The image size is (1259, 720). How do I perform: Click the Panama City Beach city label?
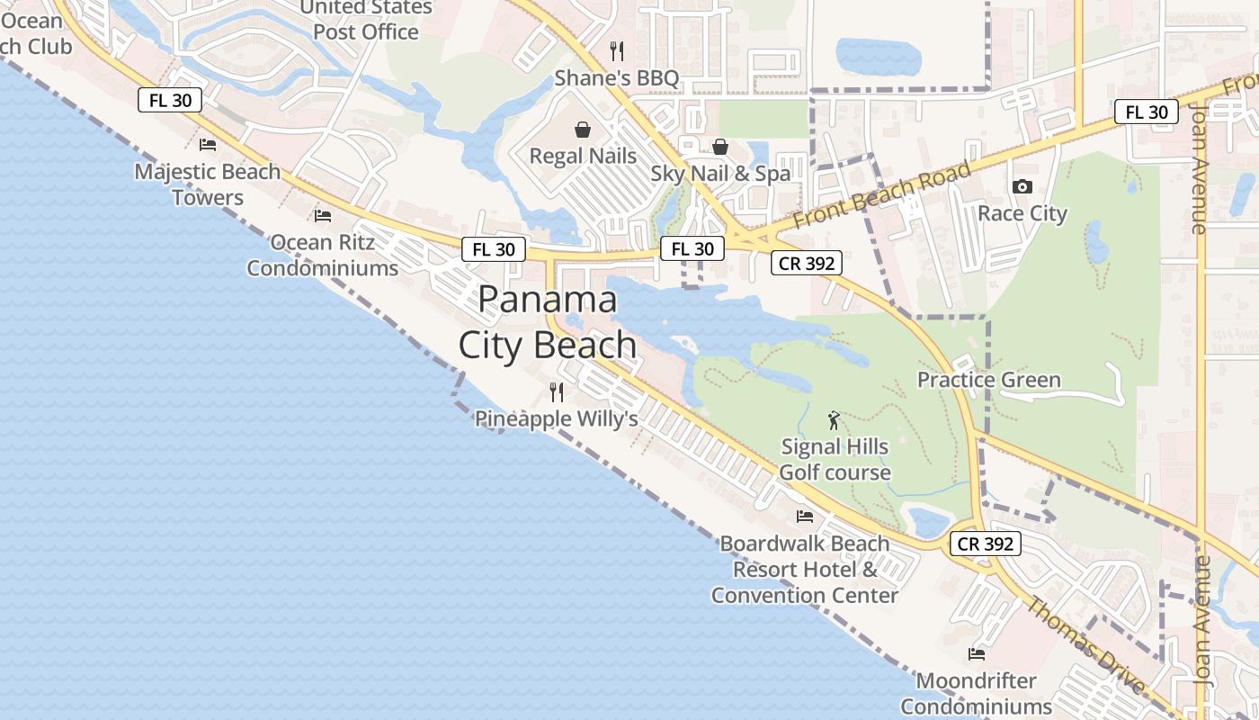[x=547, y=322]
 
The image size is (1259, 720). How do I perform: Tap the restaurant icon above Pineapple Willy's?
[x=557, y=392]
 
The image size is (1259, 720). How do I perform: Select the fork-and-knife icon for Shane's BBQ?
[x=617, y=51]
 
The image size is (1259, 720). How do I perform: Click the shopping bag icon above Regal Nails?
[x=583, y=130]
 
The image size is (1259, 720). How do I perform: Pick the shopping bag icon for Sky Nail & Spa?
[x=720, y=147]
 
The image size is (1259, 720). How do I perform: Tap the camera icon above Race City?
[x=1022, y=187]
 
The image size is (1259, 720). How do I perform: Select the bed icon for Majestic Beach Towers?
[x=208, y=145]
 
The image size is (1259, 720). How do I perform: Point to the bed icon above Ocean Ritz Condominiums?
[x=323, y=216]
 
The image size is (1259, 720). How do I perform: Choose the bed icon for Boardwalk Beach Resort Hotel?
[x=805, y=517]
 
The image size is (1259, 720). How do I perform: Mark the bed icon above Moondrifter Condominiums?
[x=977, y=654]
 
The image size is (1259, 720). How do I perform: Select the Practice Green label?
[x=988, y=380]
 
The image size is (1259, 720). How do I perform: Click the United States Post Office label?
[x=366, y=20]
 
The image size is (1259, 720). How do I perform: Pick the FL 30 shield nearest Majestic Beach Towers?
[x=170, y=100]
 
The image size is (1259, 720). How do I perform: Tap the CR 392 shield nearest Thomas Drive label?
[x=986, y=544]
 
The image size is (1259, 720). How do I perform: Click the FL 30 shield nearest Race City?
[x=1146, y=112]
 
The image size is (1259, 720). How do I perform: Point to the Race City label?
[x=1022, y=213]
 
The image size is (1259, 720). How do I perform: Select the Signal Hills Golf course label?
[x=835, y=459]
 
